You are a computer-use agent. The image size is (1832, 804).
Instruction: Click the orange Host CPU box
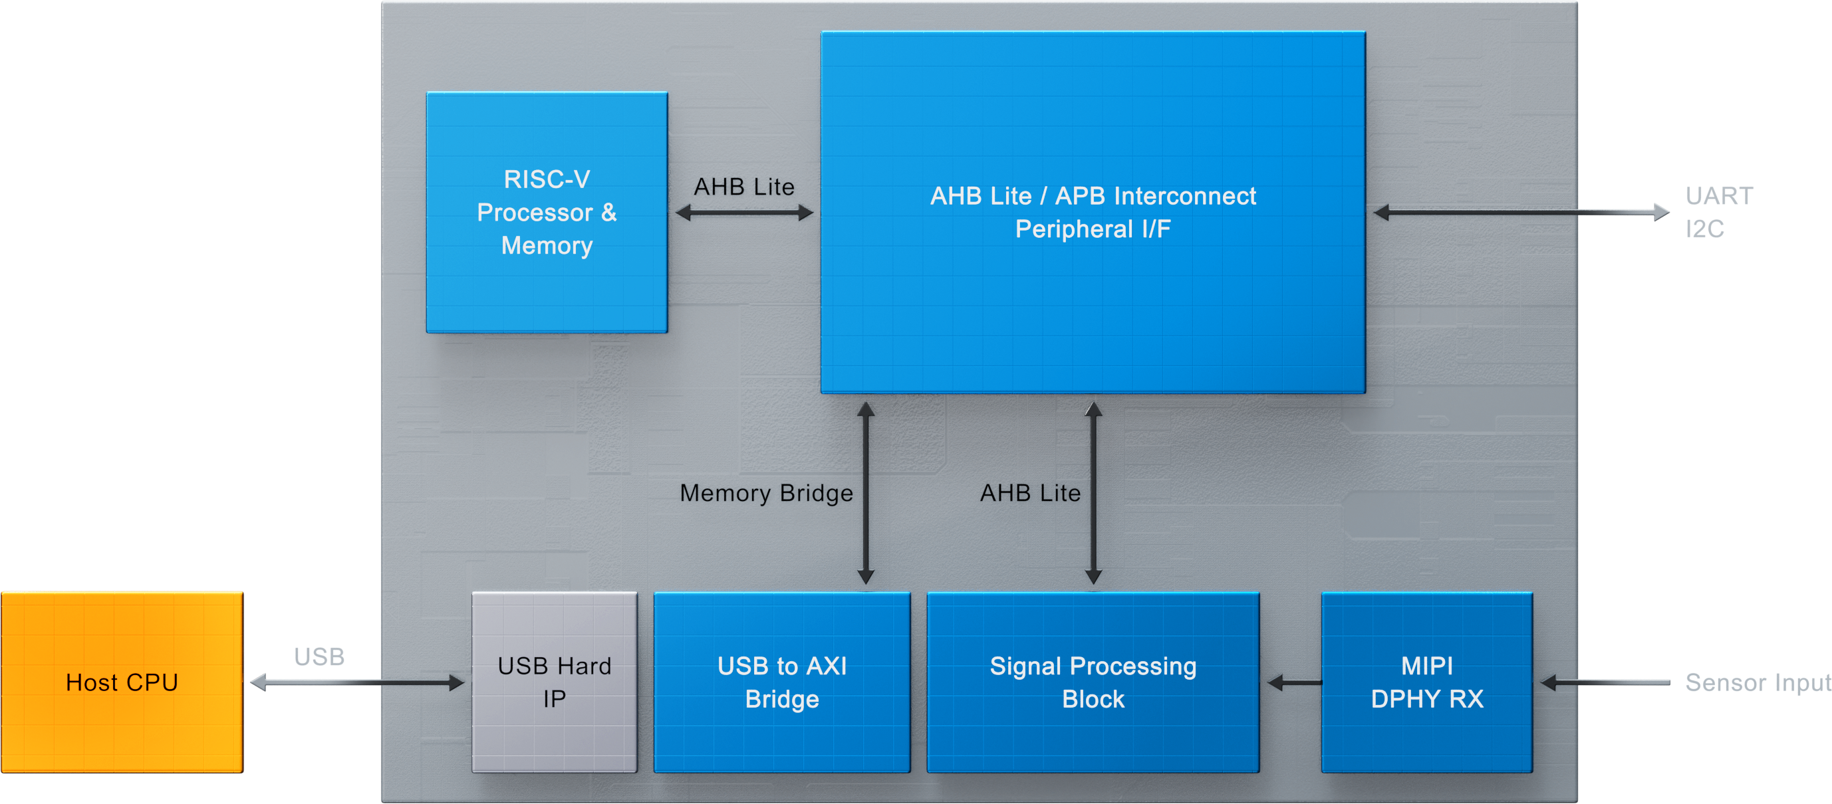122,682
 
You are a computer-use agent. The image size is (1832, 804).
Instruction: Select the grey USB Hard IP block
554,682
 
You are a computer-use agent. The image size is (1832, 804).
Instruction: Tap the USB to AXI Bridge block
781,682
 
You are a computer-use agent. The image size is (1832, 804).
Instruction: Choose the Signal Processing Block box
1093,682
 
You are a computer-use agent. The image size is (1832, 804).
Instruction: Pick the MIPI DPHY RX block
1426,682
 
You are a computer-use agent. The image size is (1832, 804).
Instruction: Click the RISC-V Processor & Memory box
546,212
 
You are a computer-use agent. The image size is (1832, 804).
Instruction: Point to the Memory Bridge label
766,492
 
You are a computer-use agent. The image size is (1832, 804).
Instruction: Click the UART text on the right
1719,195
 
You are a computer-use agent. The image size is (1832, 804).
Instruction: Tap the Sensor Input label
1757,682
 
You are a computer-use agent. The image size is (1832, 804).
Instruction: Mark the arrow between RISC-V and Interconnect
744,213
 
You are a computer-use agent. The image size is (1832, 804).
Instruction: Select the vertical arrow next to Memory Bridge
866,493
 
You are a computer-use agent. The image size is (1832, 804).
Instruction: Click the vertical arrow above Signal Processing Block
1093,493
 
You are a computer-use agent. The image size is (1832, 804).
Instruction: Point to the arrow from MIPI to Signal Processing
1294,683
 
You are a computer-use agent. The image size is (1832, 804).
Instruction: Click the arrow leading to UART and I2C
1522,212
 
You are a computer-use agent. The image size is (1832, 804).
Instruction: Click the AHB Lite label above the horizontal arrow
744,186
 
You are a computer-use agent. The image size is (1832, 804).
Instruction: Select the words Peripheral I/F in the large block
1093,229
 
